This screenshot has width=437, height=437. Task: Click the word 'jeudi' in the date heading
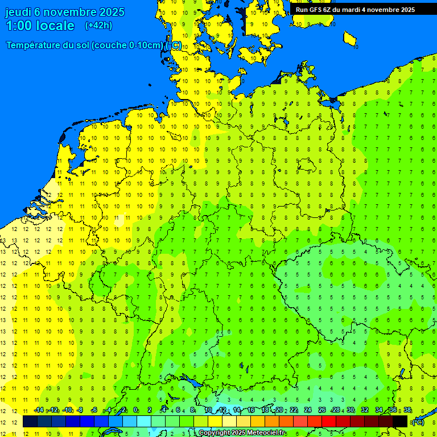(18, 12)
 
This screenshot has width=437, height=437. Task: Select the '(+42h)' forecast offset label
(98, 26)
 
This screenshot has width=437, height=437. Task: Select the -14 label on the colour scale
(39, 410)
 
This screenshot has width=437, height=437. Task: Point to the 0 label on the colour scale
(135, 410)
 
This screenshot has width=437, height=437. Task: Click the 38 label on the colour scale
(407, 410)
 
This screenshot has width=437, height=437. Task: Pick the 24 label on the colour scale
(308, 410)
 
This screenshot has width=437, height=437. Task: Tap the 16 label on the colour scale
(250, 410)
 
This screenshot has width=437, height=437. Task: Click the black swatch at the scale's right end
(400, 421)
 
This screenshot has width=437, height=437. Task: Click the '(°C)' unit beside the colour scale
(418, 422)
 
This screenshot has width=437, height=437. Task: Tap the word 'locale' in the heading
(55, 26)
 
